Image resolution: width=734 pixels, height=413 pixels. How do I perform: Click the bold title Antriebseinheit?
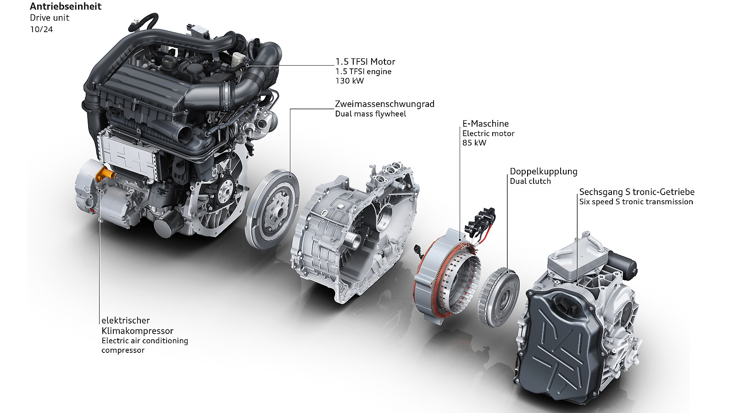[66, 6]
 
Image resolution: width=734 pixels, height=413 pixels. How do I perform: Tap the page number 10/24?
[41, 29]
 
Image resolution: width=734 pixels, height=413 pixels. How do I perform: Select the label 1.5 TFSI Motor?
[365, 61]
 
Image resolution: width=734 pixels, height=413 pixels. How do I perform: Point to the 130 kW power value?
[349, 81]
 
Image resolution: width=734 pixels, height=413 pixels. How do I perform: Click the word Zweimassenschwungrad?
[384, 104]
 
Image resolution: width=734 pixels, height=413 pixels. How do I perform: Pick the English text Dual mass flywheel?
[370, 114]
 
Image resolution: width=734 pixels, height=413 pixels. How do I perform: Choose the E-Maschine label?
[485, 123]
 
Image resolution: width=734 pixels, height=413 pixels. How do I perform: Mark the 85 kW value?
[474, 143]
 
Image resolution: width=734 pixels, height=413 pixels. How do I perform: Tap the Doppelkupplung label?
[543, 172]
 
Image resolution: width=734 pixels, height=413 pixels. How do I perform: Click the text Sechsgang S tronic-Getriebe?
[637, 192]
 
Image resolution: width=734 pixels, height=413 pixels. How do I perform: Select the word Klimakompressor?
[137, 331]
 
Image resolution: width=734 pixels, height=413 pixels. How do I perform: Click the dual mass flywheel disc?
[272, 209]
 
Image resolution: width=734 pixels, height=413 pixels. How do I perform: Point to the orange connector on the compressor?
[105, 175]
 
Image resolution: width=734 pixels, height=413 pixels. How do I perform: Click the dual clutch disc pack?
[498, 296]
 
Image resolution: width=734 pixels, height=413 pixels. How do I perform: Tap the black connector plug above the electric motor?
[480, 221]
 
